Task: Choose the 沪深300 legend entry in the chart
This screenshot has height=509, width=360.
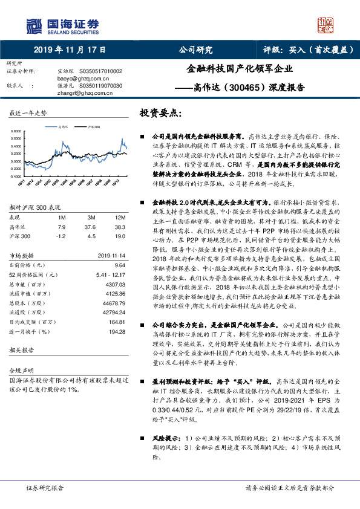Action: click(93, 128)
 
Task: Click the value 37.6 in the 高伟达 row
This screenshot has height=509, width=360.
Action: click(92, 226)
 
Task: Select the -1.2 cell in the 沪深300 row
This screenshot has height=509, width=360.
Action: click(60, 236)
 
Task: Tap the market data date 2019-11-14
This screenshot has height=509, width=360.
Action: click(111, 255)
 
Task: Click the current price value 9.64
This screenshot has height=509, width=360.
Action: click(119, 264)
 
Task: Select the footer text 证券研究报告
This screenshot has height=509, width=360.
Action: click(45, 487)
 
